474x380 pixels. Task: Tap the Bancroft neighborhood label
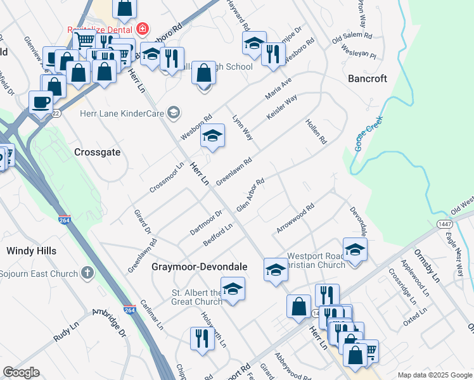[x=368, y=79]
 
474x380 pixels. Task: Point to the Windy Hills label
[x=31, y=251]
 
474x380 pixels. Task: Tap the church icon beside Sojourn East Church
[x=87, y=274]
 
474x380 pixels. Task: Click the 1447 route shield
[x=444, y=224]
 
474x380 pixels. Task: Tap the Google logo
[x=21, y=372]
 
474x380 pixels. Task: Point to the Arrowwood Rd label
[x=295, y=218]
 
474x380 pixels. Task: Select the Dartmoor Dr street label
[x=206, y=223]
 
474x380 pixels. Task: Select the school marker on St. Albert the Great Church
[x=233, y=289]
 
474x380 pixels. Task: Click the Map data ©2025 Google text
[x=434, y=374]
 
